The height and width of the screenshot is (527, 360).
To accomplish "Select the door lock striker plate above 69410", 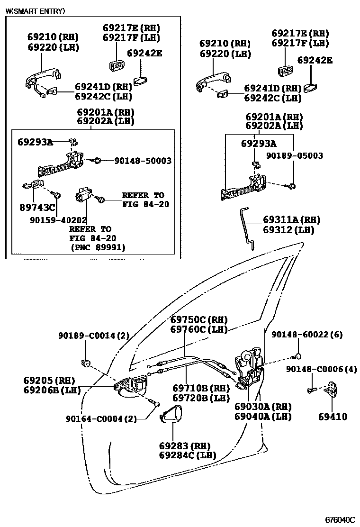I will pyautogui.click(x=332, y=390).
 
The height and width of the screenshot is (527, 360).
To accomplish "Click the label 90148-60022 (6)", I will pyautogui.click(x=307, y=335).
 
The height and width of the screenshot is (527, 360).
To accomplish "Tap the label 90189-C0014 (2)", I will pyautogui.click(x=94, y=336).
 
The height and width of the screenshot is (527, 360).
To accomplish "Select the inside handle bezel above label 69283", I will pyautogui.click(x=170, y=416).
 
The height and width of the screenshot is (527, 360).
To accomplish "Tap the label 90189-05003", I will pyautogui.click(x=294, y=155).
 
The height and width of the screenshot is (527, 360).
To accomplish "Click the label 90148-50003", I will pyautogui.click(x=143, y=161).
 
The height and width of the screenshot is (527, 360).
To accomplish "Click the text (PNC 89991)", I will pyautogui.click(x=98, y=247).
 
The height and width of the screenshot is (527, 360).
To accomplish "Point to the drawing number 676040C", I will pyautogui.click(x=340, y=519).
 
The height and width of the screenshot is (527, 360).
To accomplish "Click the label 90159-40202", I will pyautogui.click(x=58, y=220).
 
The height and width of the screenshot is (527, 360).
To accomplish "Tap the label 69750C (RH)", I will pyautogui.click(x=199, y=319).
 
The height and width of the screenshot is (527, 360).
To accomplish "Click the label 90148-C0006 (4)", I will pyautogui.click(x=321, y=369).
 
